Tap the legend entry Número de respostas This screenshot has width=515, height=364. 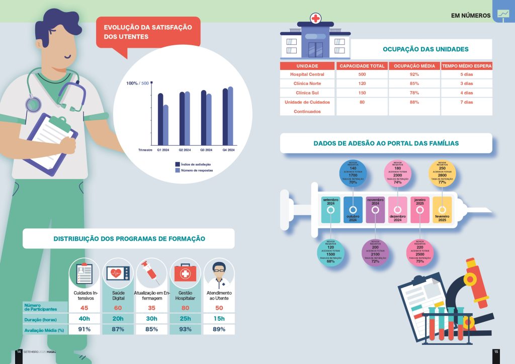(197, 170)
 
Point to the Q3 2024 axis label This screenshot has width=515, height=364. (206, 150)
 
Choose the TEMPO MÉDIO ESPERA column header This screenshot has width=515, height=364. (467, 66)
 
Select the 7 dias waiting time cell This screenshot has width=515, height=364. (467, 103)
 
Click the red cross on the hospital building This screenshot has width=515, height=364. (315, 19)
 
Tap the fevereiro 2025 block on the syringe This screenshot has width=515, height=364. (442, 210)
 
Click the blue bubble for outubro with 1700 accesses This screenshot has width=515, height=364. (353, 173)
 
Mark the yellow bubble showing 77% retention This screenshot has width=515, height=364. (442, 173)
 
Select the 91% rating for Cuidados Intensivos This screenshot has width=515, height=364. (84, 329)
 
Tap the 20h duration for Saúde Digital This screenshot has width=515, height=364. (118, 319)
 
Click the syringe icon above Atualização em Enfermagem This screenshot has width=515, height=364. (152, 273)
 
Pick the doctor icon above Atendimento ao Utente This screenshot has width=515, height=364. (219, 273)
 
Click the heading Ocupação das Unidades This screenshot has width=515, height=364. (425, 49)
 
